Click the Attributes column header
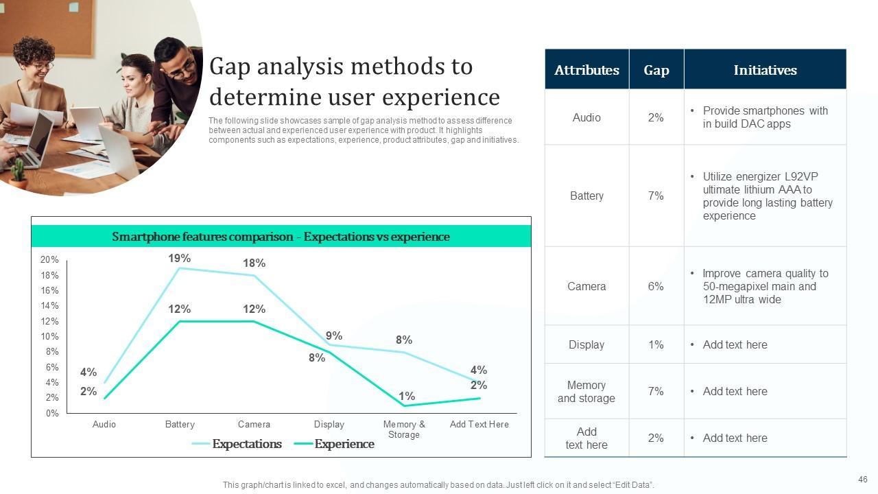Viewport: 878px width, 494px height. [x=586, y=70]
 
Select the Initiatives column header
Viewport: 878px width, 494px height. [x=765, y=70]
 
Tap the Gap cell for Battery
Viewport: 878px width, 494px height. [x=656, y=196]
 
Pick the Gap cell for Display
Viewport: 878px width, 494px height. [x=656, y=345]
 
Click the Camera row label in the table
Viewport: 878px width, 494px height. [x=586, y=287]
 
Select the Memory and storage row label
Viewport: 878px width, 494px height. [x=586, y=392]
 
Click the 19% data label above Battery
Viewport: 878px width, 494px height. [x=180, y=259]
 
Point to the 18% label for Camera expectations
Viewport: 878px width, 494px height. [x=254, y=263]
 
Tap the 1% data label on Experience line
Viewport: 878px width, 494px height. [x=407, y=397]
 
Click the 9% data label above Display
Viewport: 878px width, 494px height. [x=334, y=336]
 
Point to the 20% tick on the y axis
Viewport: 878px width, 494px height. [x=49, y=260]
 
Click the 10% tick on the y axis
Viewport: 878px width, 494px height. [x=49, y=337]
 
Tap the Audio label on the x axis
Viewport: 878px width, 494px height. [x=104, y=425]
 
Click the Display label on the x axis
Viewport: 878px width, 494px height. [x=329, y=425]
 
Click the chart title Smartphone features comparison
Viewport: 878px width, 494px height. [x=281, y=237]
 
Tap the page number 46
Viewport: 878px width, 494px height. [x=863, y=480]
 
